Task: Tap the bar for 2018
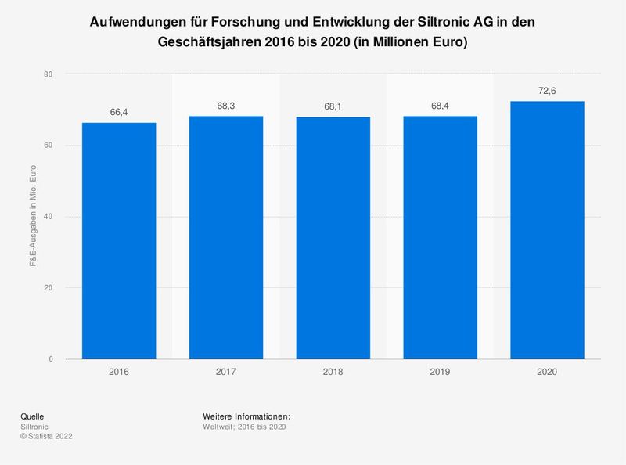(333, 238)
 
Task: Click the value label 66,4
(119, 113)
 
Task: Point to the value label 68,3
(226, 106)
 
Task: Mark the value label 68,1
(333, 106)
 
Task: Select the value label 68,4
(440, 106)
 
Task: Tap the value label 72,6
(547, 91)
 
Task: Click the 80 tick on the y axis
(48, 74)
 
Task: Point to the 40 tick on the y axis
(48, 217)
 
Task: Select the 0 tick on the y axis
(50, 359)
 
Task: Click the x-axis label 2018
(333, 373)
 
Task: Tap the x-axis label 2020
(547, 373)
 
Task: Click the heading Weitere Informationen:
(246, 416)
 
